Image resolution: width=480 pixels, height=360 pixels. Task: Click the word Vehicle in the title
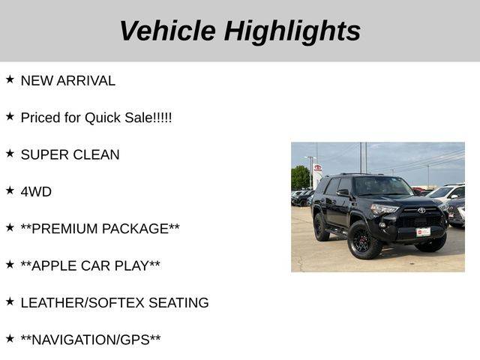pos(167,30)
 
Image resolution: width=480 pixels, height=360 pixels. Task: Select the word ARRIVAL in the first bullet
pos(86,81)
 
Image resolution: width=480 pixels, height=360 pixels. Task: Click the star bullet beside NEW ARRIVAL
pos(10,79)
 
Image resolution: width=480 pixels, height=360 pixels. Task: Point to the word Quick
pos(103,118)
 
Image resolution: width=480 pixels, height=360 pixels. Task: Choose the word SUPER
pos(44,155)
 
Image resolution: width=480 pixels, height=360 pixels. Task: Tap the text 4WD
pos(36,192)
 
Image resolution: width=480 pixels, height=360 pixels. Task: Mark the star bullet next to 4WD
pos(10,190)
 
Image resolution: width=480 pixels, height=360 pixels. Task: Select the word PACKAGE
pos(135,229)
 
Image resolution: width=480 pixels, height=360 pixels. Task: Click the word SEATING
pos(178,303)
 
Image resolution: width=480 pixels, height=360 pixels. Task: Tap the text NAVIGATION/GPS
pos(91,340)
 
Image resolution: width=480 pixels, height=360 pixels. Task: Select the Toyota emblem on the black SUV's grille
pos(421,210)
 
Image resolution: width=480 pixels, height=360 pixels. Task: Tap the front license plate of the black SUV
pos(423,232)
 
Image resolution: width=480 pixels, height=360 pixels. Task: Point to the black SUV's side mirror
pos(343,193)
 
